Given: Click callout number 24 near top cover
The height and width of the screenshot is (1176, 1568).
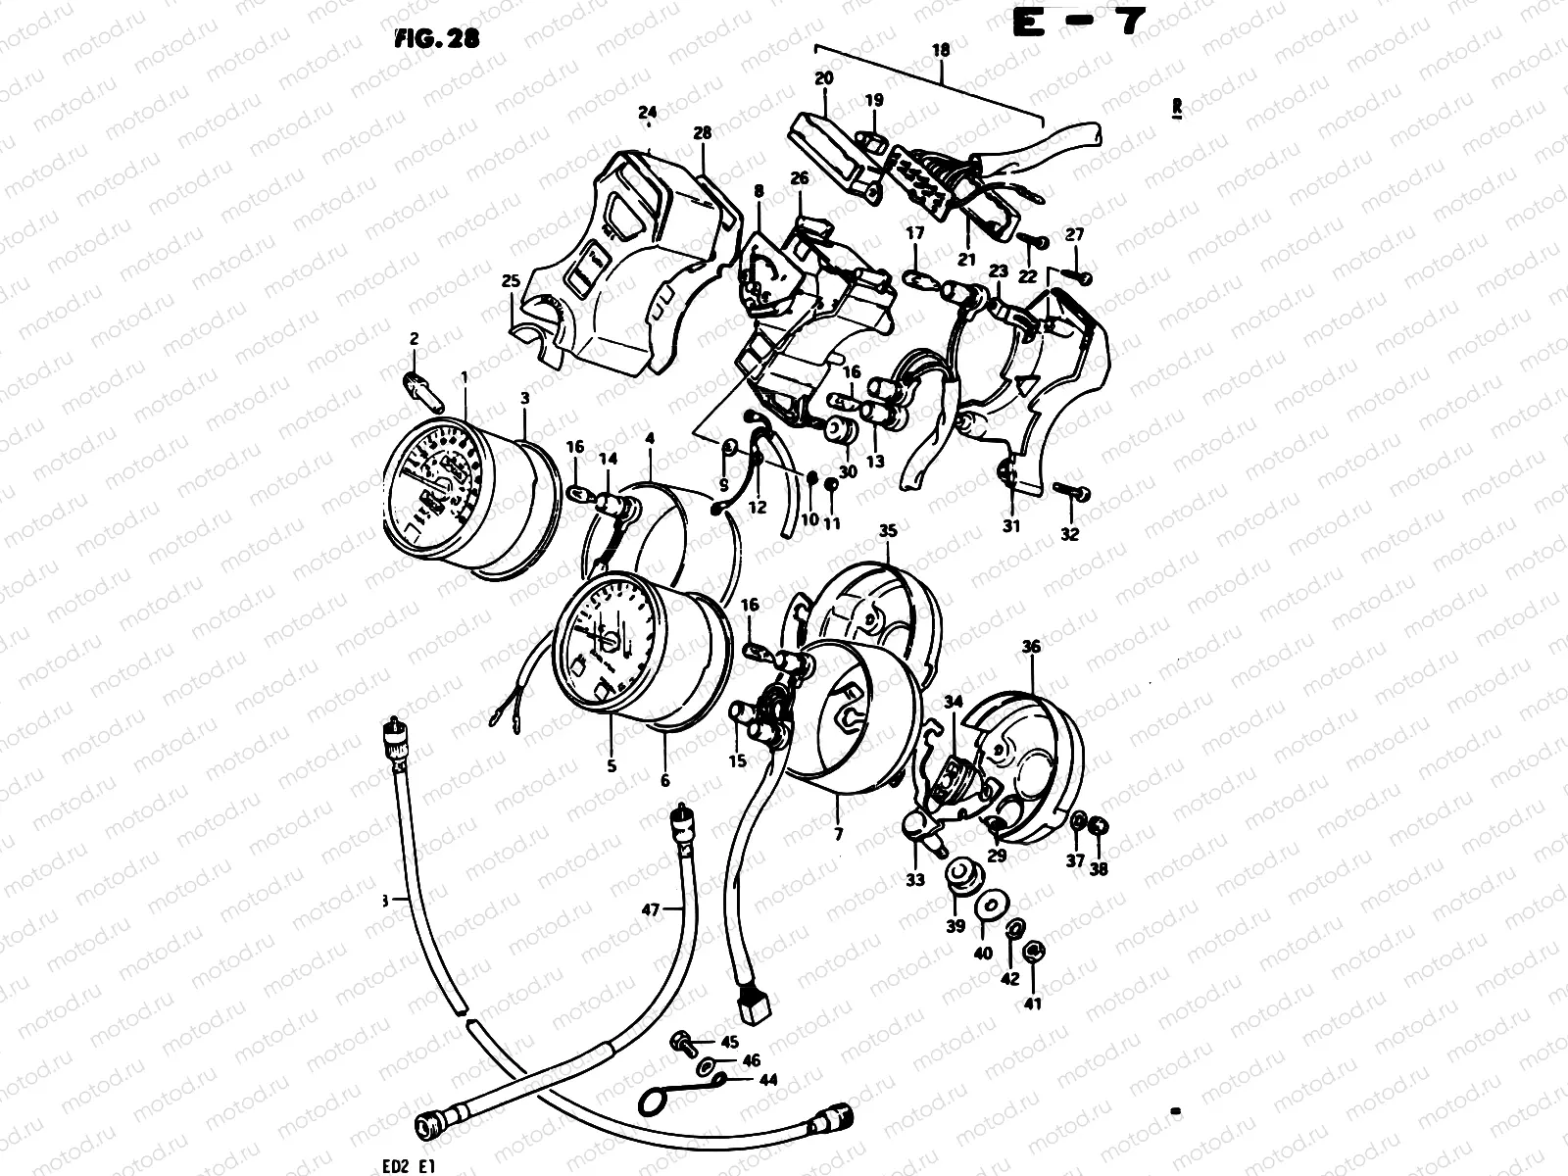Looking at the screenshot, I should click(x=646, y=111).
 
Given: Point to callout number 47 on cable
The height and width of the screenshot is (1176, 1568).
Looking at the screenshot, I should click(x=651, y=910).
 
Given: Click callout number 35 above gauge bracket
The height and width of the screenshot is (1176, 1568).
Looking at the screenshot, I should click(x=888, y=531).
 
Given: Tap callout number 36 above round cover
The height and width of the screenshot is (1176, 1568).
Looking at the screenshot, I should click(x=1031, y=647).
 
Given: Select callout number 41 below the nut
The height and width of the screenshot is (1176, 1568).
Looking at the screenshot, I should click(x=1033, y=1003).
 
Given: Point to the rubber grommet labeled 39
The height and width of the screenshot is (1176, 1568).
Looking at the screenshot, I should click(x=957, y=875).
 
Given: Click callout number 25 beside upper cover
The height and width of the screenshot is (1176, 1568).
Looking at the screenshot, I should click(x=510, y=281).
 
